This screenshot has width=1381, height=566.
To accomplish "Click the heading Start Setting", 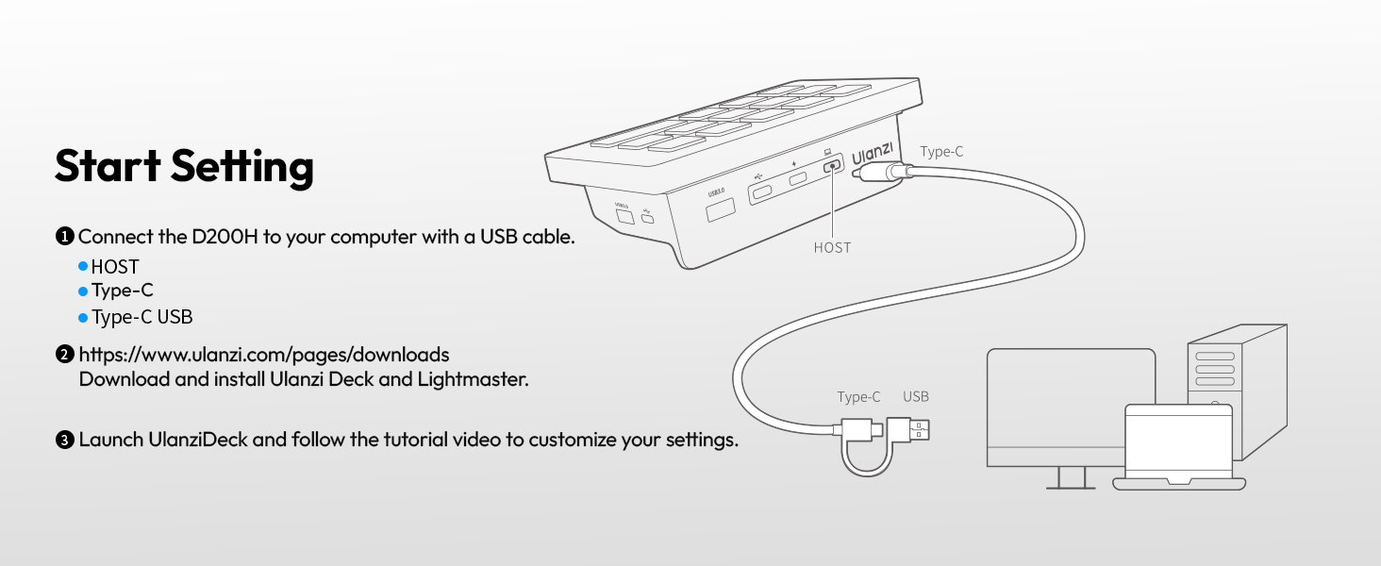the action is tap(184, 166).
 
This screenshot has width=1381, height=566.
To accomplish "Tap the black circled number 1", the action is tap(65, 236).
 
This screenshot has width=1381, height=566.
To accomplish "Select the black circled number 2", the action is tap(65, 355).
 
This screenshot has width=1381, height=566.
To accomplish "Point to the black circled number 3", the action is tap(65, 440).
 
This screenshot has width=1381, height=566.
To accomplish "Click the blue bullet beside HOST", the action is tap(83, 266).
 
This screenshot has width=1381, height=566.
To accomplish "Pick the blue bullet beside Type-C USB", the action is tap(83, 318).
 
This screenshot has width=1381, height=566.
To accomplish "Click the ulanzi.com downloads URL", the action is tap(264, 355).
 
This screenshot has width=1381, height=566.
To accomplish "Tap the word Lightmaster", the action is tap(473, 379).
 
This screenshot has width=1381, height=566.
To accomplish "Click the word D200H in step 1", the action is tap(225, 237).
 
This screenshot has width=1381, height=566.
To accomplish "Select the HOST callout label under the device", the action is tap(832, 248).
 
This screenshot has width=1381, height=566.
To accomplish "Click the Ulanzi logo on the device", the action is tap(873, 154).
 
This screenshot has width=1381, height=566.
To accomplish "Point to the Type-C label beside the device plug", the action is tap(941, 152).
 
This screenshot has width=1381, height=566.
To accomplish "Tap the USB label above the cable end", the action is tap(916, 396).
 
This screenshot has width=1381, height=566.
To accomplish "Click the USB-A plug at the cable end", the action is tap(908, 430).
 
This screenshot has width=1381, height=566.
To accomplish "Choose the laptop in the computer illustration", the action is tap(1179, 447).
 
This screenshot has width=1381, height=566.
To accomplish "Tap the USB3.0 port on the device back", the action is tap(720, 209).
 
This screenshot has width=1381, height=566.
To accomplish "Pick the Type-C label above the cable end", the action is tap(858, 396).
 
